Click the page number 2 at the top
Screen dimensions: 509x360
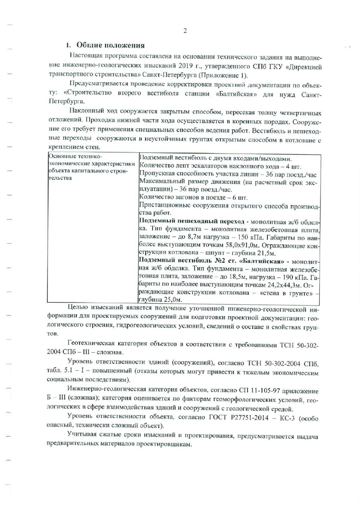point(185,31)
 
